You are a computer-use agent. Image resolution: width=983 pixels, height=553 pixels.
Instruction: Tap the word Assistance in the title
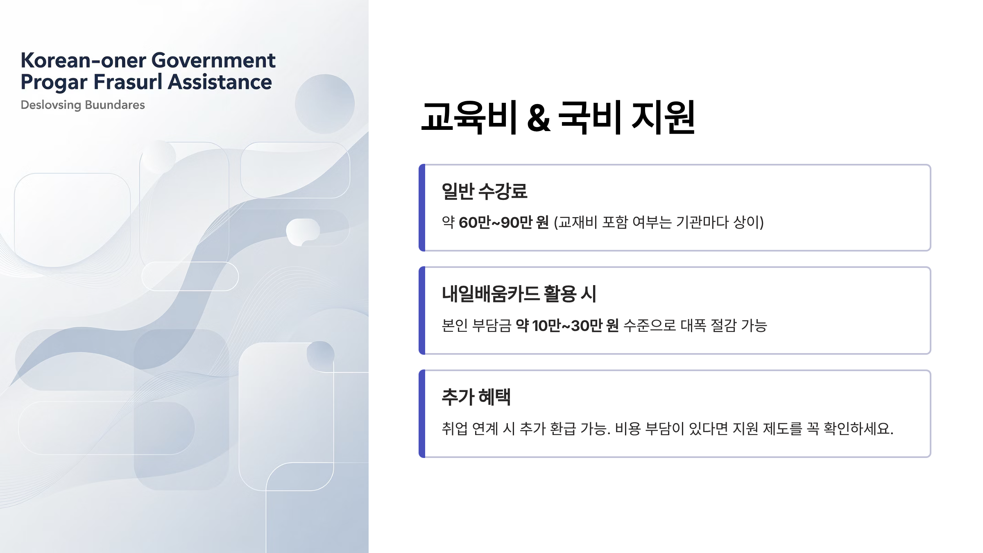220,82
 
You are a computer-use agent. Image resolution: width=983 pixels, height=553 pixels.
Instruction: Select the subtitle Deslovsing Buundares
83,105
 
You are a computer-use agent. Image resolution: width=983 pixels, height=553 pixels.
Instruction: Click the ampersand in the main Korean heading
538,118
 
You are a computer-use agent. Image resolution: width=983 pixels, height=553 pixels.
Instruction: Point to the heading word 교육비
469,118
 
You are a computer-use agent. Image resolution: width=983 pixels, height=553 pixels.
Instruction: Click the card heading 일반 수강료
485,191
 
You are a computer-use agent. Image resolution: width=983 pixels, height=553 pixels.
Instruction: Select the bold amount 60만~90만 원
504,222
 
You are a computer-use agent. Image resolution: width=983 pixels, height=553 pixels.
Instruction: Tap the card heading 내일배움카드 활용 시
519,294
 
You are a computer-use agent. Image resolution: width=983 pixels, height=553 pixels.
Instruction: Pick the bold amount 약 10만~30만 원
567,326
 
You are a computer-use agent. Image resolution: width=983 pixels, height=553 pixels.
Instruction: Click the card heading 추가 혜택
476,397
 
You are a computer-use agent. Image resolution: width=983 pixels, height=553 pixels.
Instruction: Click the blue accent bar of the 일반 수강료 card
422,208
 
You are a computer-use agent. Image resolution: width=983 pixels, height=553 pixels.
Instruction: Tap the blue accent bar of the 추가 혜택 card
422,414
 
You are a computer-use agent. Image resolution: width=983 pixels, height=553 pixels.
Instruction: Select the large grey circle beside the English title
325,104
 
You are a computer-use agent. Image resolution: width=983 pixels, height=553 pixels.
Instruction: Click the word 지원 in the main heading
664,118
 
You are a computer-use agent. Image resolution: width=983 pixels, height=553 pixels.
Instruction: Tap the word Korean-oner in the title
83,61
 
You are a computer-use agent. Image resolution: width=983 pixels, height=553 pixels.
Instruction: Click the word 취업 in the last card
454,428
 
